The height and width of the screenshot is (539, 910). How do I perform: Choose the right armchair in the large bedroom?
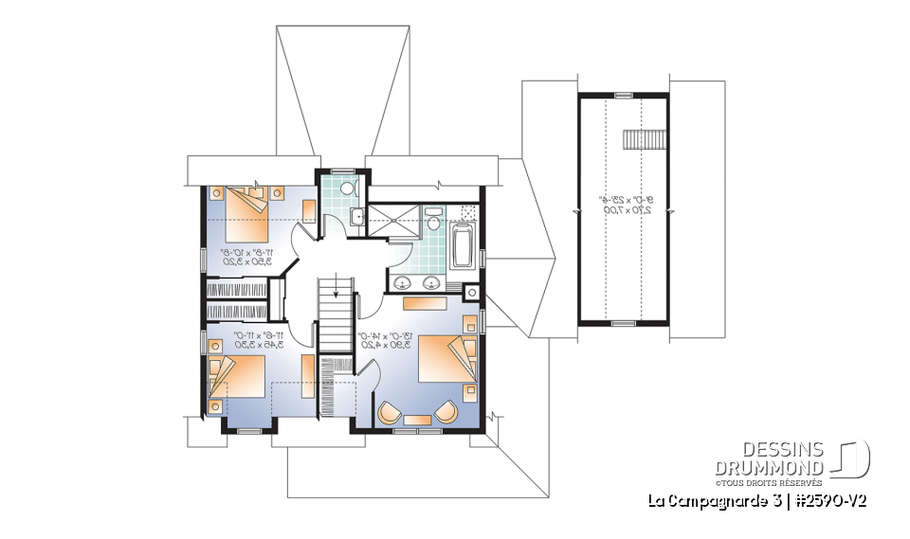tap(446, 413)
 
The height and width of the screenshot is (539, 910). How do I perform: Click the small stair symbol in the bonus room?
tap(632, 139)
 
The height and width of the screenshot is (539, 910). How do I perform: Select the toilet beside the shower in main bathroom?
tap(432, 222)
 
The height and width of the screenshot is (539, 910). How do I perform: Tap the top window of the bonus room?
tap(623, 95)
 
